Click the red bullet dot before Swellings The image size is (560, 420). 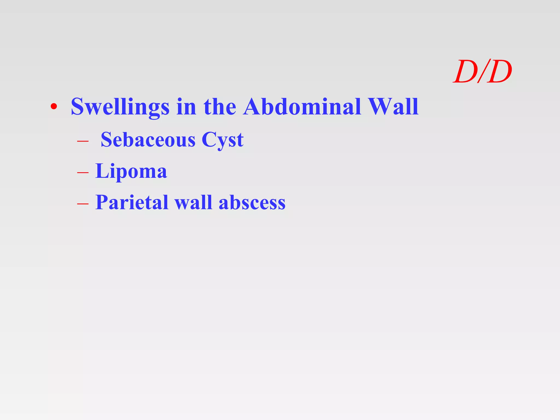coord(54,107)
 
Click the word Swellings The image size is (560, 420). coord(120,107)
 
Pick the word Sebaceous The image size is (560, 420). coord(148,140)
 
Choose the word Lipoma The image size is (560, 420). coord(131,171)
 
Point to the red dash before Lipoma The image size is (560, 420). coord(83,173)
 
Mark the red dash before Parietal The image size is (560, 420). coord(83,204)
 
